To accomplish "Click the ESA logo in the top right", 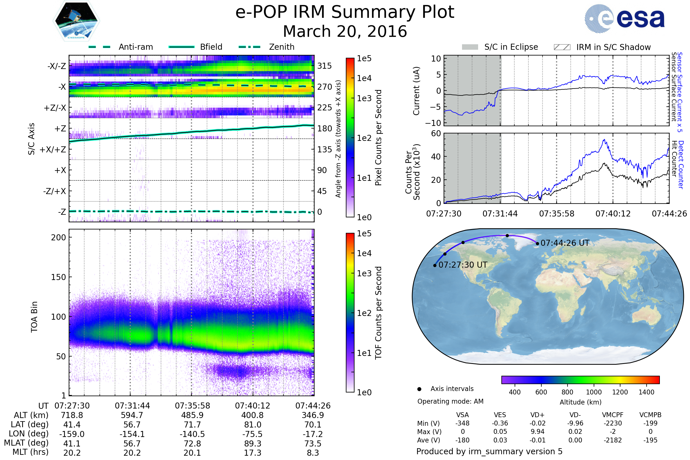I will tap(624, 18).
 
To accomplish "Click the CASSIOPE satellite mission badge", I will tap(76, 21).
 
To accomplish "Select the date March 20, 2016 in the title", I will tap(345, 31).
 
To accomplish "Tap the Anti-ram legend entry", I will tap(135, 47).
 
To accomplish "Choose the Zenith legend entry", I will tap(281, 47).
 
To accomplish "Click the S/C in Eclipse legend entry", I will tap(511, 47).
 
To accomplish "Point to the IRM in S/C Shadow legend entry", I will tap(613, 47).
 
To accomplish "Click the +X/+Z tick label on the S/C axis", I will tap(53, 149).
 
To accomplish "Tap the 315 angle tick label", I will tap(324, 66).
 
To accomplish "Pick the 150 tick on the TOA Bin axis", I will tap(58, 277).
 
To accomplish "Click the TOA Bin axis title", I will tap(34, 317).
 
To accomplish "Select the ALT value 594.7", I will tap(132, 415).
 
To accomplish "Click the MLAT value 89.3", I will tap(253, 444).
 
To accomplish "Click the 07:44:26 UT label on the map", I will tap(565, 243).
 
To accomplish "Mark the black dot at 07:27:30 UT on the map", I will tap(435, 265).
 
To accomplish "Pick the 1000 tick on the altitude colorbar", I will tap(594, 392).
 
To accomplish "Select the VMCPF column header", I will tap(613, 415).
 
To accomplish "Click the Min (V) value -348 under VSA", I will tap(462, 423).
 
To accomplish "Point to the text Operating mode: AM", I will tap(450, 401).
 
